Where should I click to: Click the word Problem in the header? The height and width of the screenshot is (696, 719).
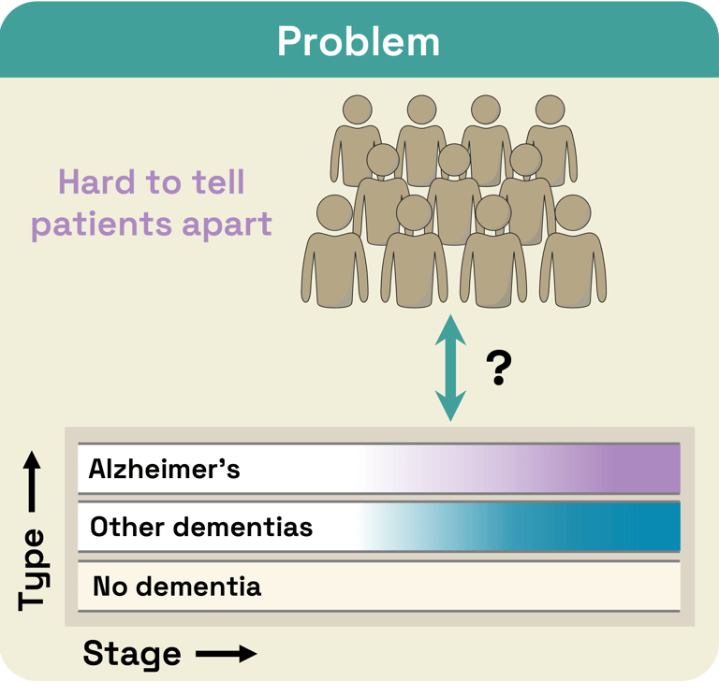359,41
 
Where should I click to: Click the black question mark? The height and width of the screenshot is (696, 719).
499,370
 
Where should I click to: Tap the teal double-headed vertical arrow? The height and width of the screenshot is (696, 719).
451,369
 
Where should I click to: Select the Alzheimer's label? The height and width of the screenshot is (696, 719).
164,469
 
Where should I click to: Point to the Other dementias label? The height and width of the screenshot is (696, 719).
200,527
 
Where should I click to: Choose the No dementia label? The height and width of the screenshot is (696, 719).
177,587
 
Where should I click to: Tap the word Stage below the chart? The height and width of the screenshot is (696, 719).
131,654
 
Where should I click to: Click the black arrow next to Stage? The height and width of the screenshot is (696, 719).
226,654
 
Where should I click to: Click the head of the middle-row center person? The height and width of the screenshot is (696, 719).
454,160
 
